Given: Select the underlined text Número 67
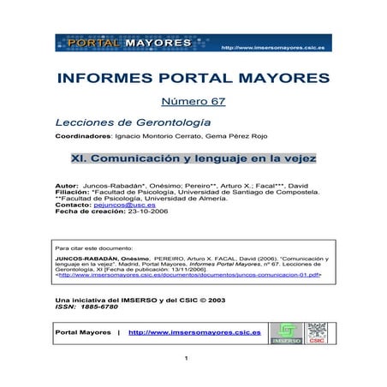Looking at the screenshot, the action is [x=193, y=104].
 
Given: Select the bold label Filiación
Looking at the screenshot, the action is [x=71, y=193].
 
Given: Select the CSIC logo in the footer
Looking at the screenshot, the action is [x=318, y=332].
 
